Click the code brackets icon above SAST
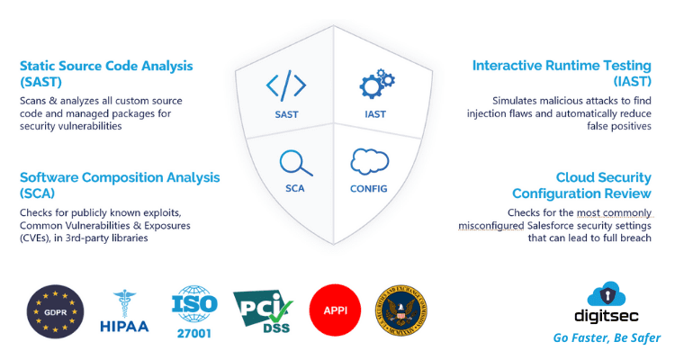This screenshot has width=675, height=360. (286, 85)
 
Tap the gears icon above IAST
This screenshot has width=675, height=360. (377, 84)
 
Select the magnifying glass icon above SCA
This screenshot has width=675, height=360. (296, 163)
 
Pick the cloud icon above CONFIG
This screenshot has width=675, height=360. (369, 161)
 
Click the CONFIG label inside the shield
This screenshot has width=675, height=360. (368, 189)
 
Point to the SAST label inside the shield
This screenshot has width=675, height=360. (287, 114)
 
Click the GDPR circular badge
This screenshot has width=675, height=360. (55, 311)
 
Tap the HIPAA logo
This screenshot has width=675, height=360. (124, 310)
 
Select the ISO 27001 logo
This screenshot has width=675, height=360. (194, 311)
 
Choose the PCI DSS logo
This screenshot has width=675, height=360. (263, 310)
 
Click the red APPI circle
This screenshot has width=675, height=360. (335, 310)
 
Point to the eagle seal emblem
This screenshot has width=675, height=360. (401, 310)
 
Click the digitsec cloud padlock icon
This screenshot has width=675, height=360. (606, 293)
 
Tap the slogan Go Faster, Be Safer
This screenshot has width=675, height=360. (607, 337)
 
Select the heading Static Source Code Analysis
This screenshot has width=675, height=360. (106, 66)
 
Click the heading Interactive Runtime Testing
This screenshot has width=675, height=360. (562, 66)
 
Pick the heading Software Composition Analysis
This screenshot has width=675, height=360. (120, 177)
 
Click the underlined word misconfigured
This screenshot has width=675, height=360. (490, 226)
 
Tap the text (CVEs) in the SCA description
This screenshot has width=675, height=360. (34, 238)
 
